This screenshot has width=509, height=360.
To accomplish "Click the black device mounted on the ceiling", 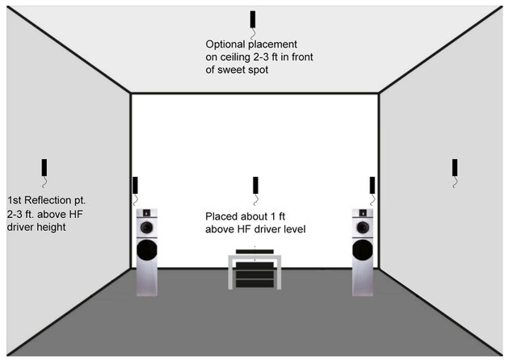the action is [x=253, y=19].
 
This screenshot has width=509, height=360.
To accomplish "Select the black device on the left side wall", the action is [x=44, y=167].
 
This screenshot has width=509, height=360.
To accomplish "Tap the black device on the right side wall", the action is [x=455, y=167].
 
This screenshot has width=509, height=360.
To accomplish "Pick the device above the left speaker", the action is [x=135, y=185].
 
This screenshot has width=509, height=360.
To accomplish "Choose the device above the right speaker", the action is [x=372, y=185].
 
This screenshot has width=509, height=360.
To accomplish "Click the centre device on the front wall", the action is [x=255, y=185].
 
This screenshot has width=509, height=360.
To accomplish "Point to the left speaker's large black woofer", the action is [x=147, y=250].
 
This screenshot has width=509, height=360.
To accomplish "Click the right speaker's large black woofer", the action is [x=363, y=250].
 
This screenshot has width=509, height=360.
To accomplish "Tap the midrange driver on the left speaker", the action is [x=147, y=228].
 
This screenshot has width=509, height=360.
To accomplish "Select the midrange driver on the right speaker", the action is [x=363, y=228].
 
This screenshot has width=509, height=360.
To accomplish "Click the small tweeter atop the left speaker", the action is [x=146, y=213].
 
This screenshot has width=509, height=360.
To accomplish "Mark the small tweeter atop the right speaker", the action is [x=363, y=213].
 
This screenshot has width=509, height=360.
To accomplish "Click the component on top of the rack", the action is [x=254, y=251].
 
